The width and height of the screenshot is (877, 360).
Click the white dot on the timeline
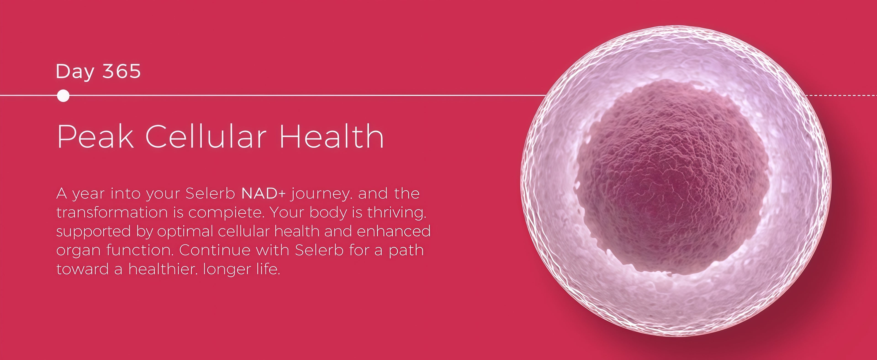(x=63, y=96)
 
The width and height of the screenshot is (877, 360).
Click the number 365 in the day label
(x=122, y=71)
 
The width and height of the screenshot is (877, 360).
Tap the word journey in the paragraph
(x=320, y=194)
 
